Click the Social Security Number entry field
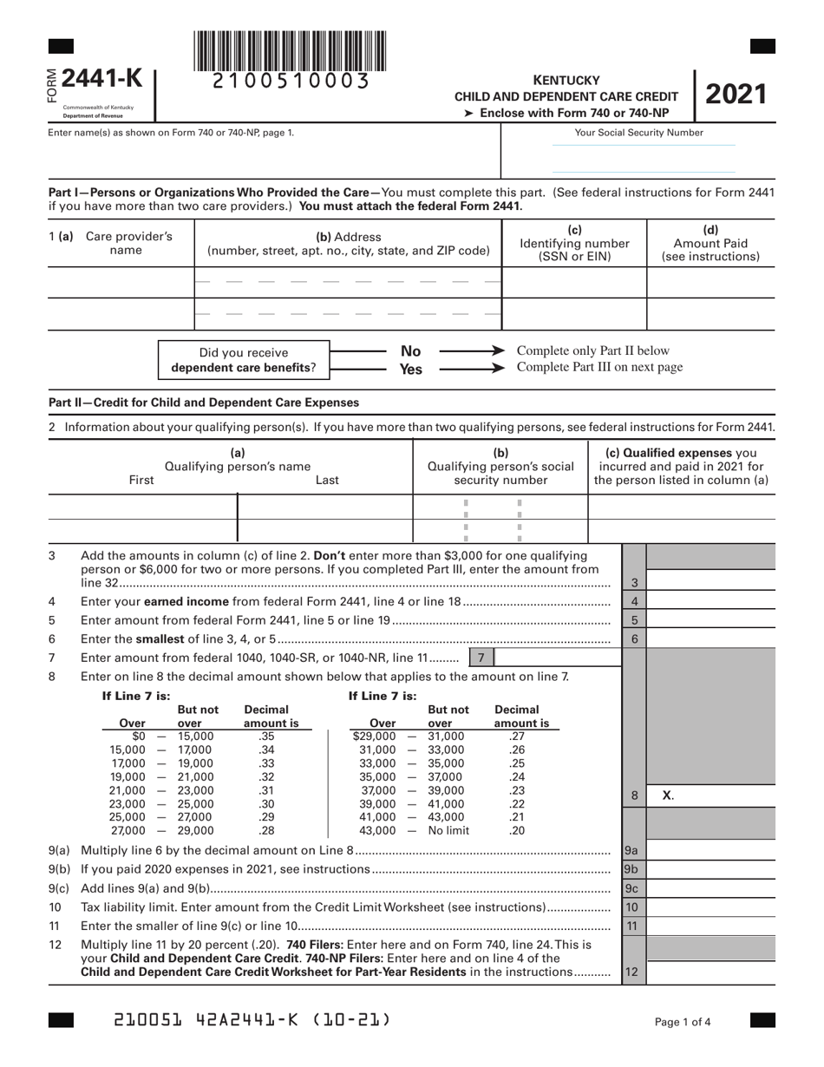[x=644, y=159]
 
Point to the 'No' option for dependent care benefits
[x=410, y=351]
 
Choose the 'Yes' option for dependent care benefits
[x=410, y=370]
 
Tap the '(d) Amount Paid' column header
[x=710, y=243]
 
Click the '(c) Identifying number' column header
[x=574, y=243]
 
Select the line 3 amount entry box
[x=711, y=583]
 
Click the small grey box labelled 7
[x=481, y=658]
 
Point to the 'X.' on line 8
[x=668, y=795]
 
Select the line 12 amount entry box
[x=711, y=972]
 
